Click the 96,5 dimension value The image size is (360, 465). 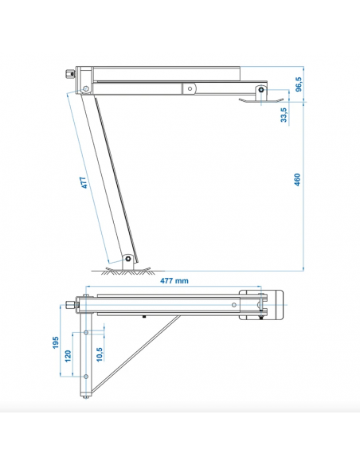click(299, 84)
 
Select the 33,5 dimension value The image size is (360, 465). click(284, 115)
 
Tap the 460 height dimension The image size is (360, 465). click(297, 180)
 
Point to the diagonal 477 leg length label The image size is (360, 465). click(84, 182)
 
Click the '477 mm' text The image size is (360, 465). click(174, 280)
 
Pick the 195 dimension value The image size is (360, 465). click(56, 342)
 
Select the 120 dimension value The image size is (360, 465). click(68, 356)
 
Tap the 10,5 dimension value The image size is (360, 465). click(100, 354)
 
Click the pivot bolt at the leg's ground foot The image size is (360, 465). click(128, 259)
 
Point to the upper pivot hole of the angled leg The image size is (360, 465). click(86, 88)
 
